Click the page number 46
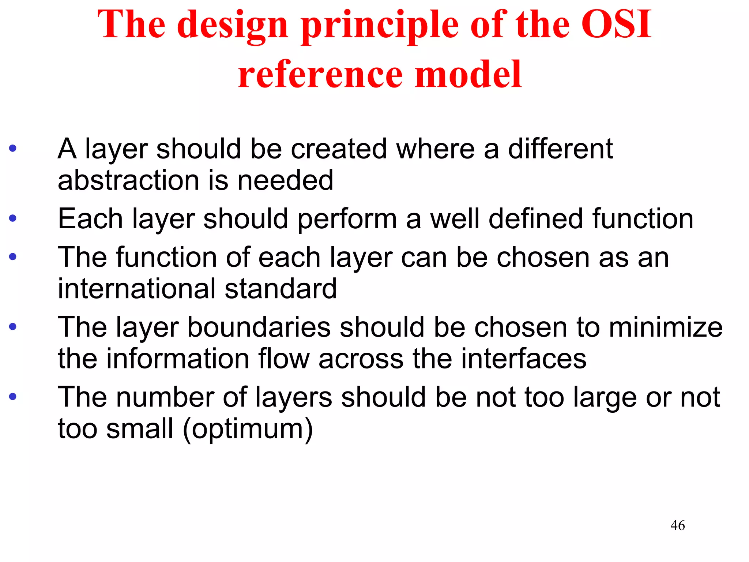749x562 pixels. [x=677, y=525]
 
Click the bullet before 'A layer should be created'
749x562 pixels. [x=13, y=149]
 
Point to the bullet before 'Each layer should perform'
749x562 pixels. [x=13, y=219]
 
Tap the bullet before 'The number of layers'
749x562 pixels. [x=13, y=397]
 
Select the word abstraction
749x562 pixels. [x=128, y=180]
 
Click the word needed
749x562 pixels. [x=285, y=180]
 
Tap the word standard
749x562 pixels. [x=281, y=289]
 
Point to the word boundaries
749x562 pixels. [x=259, y=327]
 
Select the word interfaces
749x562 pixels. [x=523, y=359]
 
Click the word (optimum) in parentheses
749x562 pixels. [x=248, y=429]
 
